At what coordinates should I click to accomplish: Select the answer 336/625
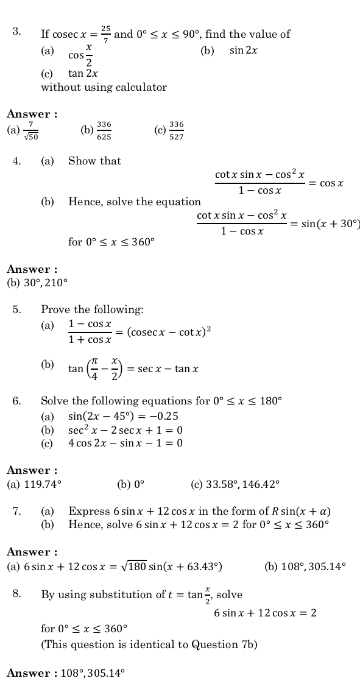(x=104, y=130)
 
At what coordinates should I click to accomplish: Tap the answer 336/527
(x=177, y=130)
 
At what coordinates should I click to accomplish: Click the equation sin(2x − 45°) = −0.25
(x=123, y=417)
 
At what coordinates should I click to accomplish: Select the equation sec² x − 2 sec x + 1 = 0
(x=125, y=430)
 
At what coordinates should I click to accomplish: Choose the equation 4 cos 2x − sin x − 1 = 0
(x=125, y=443)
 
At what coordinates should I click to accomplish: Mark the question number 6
(x=16, y=401)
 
